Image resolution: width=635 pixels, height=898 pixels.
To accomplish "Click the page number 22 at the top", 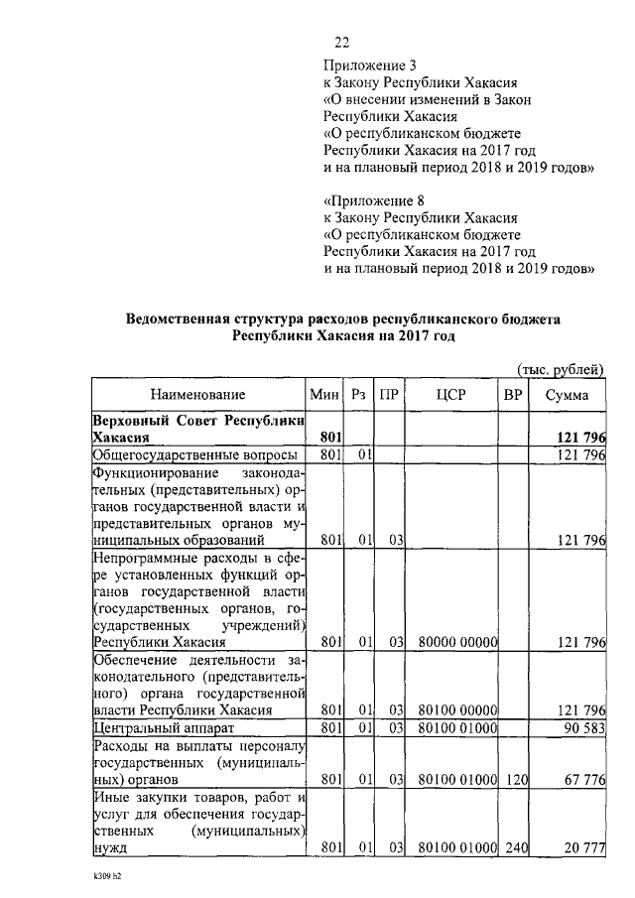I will pyautogui.click(x=341, y=41).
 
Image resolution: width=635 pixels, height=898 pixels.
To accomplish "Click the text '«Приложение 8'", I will pyautogui.click(x=366, y=198).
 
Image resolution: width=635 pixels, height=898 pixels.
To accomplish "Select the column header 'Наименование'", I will pyautogui.click(x=198, y=395).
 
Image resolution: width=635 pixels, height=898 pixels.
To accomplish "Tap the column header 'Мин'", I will pyautogui.click(x=324, y=395).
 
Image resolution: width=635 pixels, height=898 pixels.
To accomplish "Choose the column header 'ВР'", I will pyautogui.click(x=513, y=395).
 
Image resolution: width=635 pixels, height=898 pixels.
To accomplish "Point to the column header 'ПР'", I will pyautogui.click(x=390, y=395).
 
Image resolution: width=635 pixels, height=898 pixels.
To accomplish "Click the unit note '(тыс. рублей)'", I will pyautogui.click(x=561, y=369).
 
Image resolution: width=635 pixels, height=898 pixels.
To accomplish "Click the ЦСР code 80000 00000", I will pyautogui.click(x=457, y=642).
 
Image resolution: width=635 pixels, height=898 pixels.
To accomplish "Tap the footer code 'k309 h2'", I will pyautogui.click(x=100, y=878).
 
